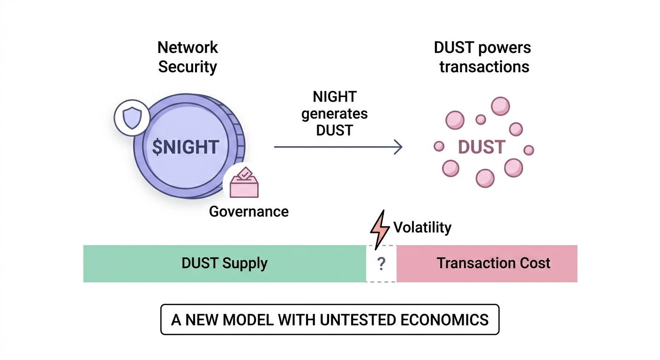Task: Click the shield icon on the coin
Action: pyautogui.click(x=132, y=116)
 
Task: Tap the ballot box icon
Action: pyautogui.click(x=244, y=184)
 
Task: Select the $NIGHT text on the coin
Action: pyautogui.click(x=186, y=147)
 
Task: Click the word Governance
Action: pyautogui.click(x=248, y=211)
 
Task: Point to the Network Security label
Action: pyautogui.click(x=187, y=57)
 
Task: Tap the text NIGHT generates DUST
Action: pyautogui.click(x=334, y=113)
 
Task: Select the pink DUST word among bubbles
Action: pyautogui.click(x=481, y=147)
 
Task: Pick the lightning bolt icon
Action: pyautogui.click(x=380, y=228)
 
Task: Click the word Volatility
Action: pyautogui.click(x=422, y=228)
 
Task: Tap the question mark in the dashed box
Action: pyautogui.click(x=381, y=264)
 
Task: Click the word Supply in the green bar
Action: pyautogui.click(x=245, y=263)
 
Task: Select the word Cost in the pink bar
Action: pyautogui.click(x=536, y=263)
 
